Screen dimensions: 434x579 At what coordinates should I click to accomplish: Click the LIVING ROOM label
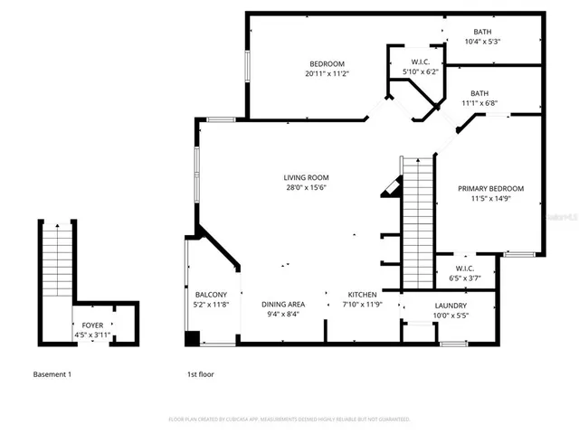tap(306, 177)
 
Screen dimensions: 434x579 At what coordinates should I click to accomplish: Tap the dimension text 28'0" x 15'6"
tap(306, 188)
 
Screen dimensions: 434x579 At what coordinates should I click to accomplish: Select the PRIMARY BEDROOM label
tap(490, 188)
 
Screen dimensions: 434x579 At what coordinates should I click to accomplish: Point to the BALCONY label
tap(211, 295)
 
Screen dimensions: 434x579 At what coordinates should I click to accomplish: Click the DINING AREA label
tap(283, 305)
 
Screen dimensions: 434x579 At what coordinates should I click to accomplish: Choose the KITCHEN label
tap(363, 295)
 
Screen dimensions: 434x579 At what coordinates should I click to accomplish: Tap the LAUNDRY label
tap(450, 306)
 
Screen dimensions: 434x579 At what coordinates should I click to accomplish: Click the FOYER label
tap(92, 325)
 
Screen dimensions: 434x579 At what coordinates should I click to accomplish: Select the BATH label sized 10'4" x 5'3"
tap(482, 31)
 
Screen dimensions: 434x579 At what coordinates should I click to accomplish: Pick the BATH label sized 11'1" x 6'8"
tap(479, 93)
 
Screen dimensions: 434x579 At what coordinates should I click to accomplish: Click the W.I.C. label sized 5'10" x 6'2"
tap(420, 61)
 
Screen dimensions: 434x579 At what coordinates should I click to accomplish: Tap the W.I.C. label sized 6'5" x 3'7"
tap(464, 269)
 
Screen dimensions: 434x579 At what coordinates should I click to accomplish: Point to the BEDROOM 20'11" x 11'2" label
tap(326, 63)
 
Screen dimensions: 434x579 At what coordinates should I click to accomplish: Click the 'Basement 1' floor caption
tap(52, 373)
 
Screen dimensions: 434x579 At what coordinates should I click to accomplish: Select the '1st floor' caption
tap(200, 373)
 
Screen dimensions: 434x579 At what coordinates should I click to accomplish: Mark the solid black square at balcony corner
tap(192, 339)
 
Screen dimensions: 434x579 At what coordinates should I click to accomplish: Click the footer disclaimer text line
tap(289, 420)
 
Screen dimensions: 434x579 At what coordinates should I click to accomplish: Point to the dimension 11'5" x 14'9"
tap(490, 199)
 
